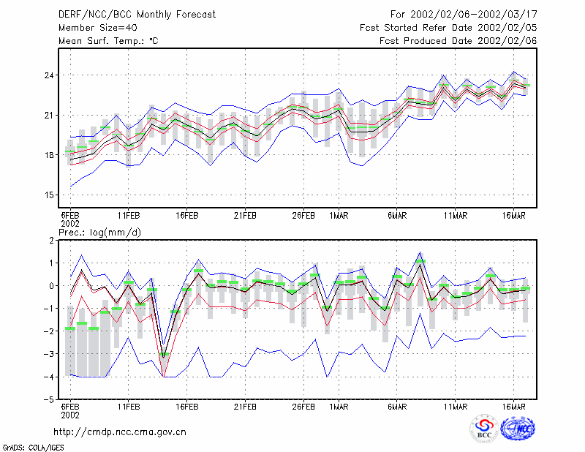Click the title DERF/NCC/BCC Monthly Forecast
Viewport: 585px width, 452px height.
tap(137, 15)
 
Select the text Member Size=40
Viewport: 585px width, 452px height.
tap(98, 28)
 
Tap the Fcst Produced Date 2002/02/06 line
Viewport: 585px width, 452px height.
tap(458, 41)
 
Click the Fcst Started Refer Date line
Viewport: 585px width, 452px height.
tap(448, 28)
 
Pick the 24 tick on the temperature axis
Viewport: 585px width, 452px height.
tap(49, 75)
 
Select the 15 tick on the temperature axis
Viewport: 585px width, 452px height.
tap(49, 195)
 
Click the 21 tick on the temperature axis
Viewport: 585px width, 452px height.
tap(49, 116)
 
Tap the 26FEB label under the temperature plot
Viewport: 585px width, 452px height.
tap(303, 216)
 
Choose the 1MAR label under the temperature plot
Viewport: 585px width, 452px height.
tap(339, 216)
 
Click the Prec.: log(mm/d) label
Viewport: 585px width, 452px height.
tap(100, 233)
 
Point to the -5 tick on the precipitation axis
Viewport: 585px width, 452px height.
tap(48, 400)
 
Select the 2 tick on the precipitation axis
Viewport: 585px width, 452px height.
tap(51, 241)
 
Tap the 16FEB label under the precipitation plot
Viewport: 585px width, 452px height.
tap(187, 407)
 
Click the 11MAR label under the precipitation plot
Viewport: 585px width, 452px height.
tap(455, 407)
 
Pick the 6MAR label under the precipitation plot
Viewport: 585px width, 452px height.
tap(397, 407)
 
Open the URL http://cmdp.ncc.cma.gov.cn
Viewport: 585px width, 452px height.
tap(120, 432)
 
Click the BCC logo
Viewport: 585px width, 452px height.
tap(484, 429)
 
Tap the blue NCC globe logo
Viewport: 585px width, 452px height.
tap(518, 428)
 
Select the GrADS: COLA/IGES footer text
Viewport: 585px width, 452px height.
tap(33, 448)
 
